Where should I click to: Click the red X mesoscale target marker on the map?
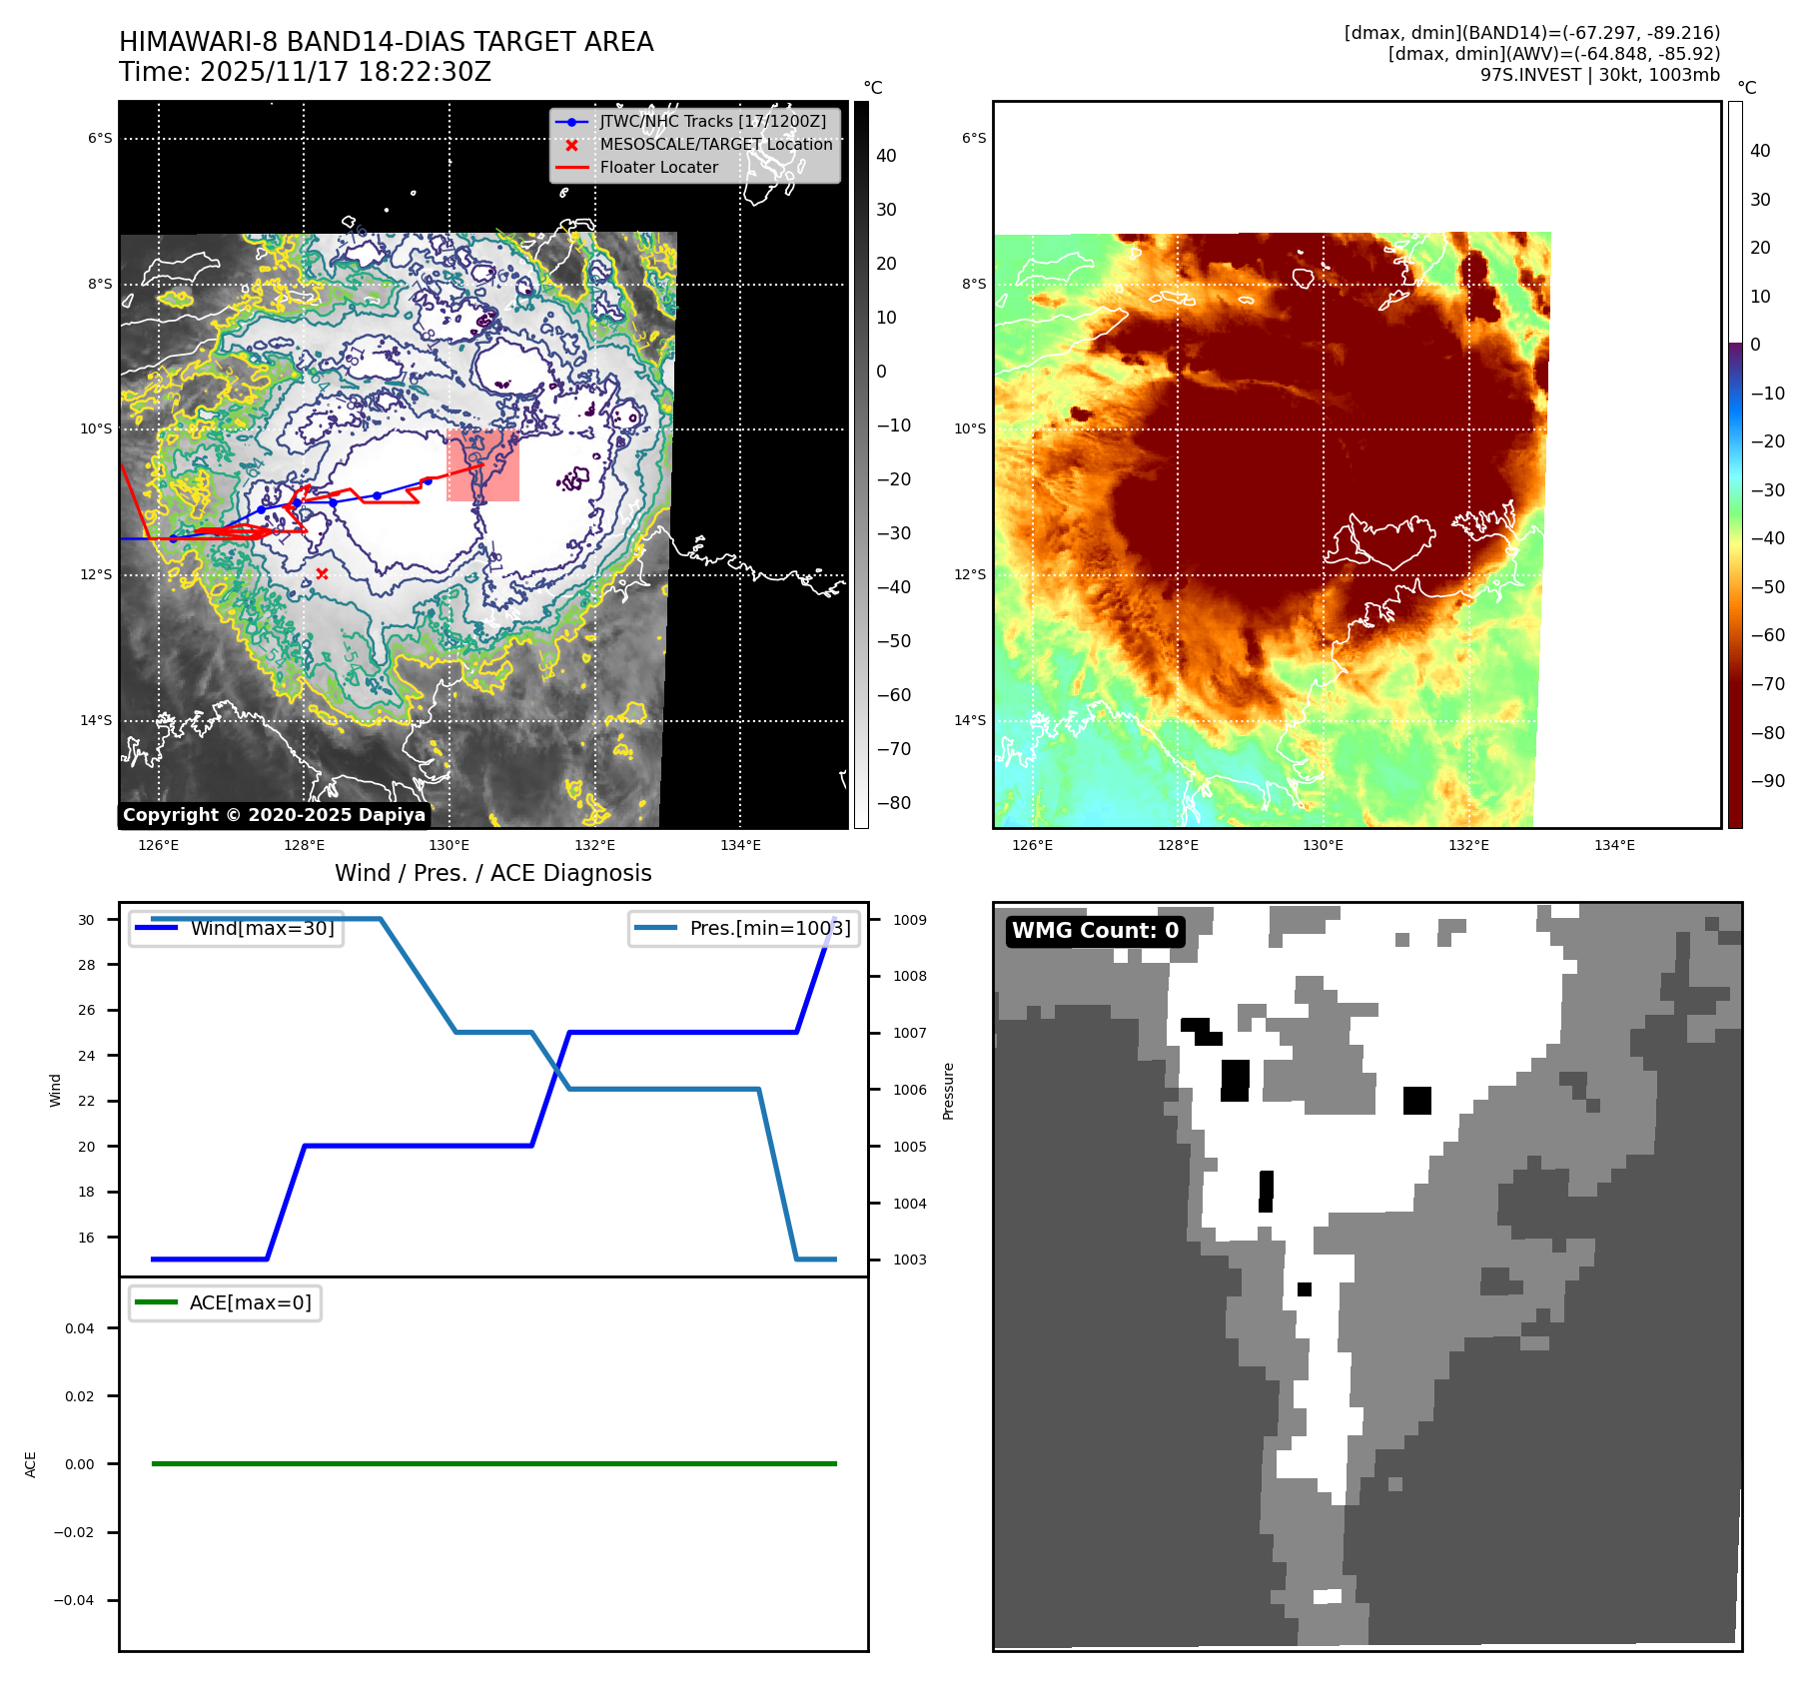pyautogui.click(x=322, y=573)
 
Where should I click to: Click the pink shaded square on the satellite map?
pyautogui.click(x=482, y=465)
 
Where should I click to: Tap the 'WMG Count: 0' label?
pyautogui.click(x=1095, y=931)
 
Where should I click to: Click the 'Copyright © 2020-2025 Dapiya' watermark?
pyautogui.click(x=274, y=815)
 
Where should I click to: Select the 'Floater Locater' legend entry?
pyautogui.click(x=658, y=168)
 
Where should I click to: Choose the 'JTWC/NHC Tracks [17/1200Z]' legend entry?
pyautogui.click(x=712, y=121)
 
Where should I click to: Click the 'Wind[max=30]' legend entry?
pyautogui.click(x=262, y=928)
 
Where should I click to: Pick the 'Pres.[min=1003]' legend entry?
pyautogui.click(x=769, y=928)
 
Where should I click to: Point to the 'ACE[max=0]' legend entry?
pyautogui.click(x=250, y=1302)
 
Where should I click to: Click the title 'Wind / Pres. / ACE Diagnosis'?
pyautogui.click(x=492, y=873)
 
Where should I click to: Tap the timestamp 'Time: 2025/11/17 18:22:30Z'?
pyautogui.click(x=305, y=72)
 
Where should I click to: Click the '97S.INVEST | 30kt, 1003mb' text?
pyautogui.click(x=1599, y=75)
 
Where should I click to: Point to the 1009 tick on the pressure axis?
pyautogui.click(x=909, y=920)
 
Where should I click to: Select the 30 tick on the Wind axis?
pyautogui.click(x=87, y=920)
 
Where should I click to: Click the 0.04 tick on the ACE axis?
pyautogui.click(x=80, y=1328)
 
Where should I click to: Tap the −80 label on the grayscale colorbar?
pyautogui.click(x=893, y=803)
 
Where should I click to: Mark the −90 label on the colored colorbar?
pyautogui.click(x=1767, y=781)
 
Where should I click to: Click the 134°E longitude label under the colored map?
pyautogui.click(x=1614, y=845)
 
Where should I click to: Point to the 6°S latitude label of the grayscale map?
pyautogui.click(x=100, y=139)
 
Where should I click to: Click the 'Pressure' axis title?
pyautogui.click(x=948, y=1091)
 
